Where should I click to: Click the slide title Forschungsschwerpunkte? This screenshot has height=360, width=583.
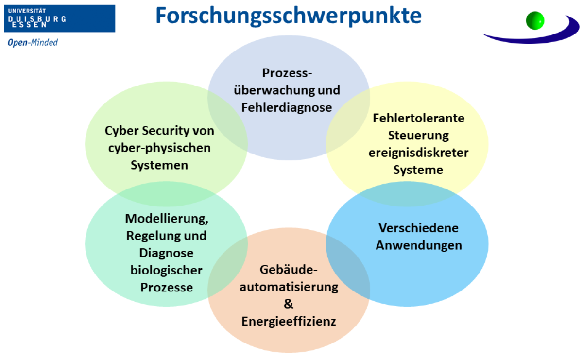tap(288, 16)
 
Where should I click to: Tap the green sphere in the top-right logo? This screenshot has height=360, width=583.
tap(535, 20)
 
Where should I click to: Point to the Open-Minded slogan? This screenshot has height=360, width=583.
tap(33, 43)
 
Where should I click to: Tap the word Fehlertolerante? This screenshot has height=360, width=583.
tap(418, 118)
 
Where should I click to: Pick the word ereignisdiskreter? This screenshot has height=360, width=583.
tap(418, 153)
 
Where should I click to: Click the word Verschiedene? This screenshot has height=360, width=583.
tap(418, 228)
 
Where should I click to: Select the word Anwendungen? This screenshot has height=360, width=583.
tap(419, 245)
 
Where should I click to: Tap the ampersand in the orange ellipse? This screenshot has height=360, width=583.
tap(289, 304)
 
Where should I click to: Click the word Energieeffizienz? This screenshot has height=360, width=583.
tap(289, 321)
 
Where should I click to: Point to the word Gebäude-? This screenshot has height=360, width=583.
tap(289, 270)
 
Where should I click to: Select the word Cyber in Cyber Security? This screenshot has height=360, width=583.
tap(121, 131)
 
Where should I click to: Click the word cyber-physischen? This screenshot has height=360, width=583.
tap(159, 148)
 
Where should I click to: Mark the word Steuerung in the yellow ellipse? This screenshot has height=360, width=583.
tap(418, 135)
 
